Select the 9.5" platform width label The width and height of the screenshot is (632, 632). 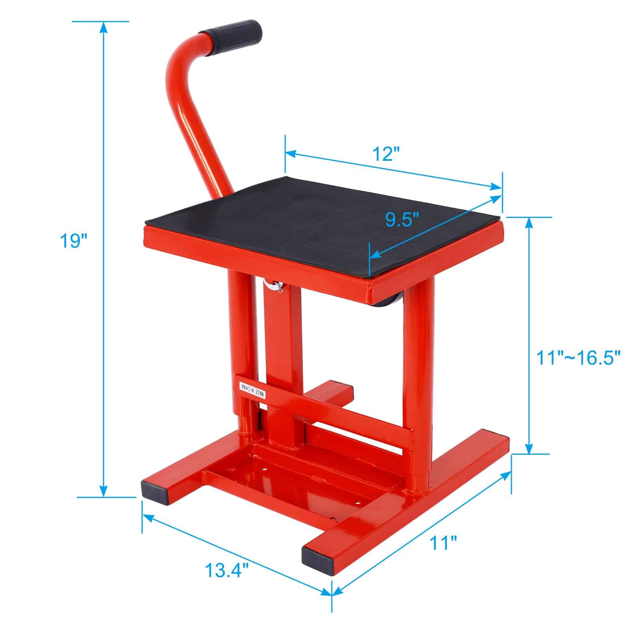click(402, 218)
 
